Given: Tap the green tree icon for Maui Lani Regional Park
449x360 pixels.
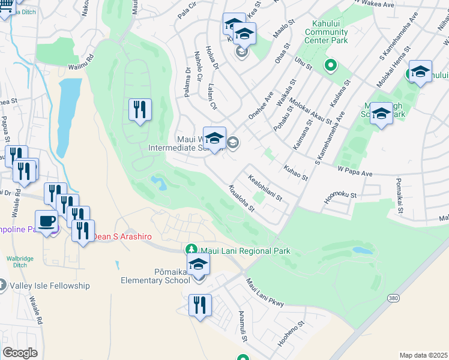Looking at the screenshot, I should (191, 249).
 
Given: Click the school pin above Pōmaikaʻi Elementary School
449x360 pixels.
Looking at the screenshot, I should (198, 264).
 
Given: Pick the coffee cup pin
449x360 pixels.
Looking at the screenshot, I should (46, 221).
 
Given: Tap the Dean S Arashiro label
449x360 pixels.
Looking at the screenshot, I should (121, 237).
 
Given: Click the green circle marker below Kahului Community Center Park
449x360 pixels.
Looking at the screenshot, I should (330, 65).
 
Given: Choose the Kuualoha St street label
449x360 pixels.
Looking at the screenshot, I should (241, 199).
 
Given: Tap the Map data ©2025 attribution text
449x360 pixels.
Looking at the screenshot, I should (423, 355).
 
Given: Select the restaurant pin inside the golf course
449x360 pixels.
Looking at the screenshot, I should (140, 110).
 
